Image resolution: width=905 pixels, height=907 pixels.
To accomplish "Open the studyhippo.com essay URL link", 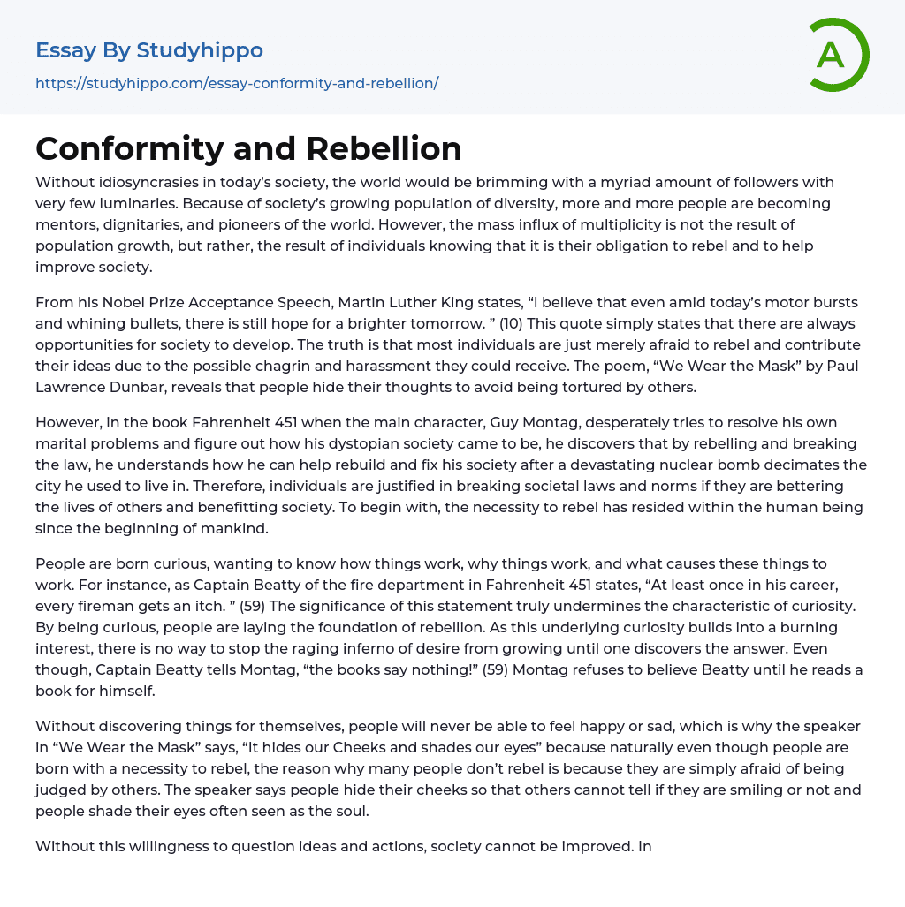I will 237,84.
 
